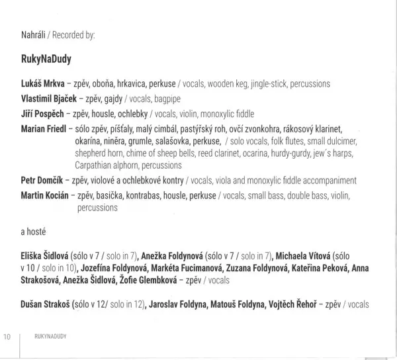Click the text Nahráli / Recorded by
coord(59,32)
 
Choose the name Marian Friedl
coord(46,128)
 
